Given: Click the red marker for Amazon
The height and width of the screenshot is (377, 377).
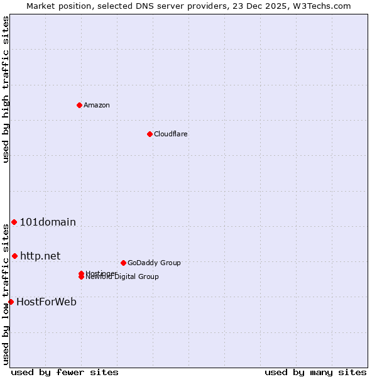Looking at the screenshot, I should click(x=79, y=105).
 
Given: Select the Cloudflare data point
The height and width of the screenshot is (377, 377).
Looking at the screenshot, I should click(x=150, y=134).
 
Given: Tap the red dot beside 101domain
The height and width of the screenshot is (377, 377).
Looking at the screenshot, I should click(x=14, y=222).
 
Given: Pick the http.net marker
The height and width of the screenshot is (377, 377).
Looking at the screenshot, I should click(x=14, y=256).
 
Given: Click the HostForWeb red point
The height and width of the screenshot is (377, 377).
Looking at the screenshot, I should click(x=11, y=302).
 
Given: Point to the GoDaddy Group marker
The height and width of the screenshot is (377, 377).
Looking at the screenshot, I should click(x=123, y=263).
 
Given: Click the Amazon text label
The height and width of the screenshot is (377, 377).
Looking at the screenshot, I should click(x=96, y=105).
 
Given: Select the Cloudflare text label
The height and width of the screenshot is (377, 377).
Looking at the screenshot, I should click(x=170, y=134).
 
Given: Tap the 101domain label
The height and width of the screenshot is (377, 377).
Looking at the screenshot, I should click(x=48, y=222).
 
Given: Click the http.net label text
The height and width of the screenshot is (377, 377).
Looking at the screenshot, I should click(x=40, y=256).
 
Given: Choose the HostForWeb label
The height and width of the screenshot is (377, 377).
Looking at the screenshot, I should click(x=46, y=302).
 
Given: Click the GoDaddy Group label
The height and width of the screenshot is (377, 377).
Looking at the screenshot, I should click(x=154, y=263).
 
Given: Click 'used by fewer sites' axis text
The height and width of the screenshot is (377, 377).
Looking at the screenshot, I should click(x=65, y=372).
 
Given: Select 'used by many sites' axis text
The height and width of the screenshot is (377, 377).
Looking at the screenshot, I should click(x=315, y=372).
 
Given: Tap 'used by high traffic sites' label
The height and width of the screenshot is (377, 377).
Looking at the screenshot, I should click(x=6, y=89).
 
